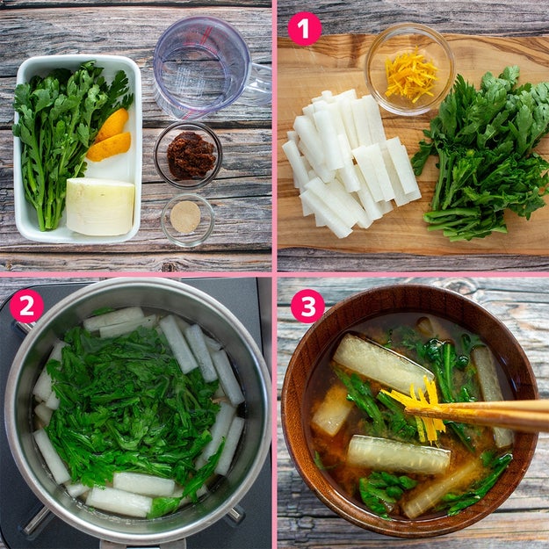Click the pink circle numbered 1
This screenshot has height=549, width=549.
pyautogui.click(x=304, y=29)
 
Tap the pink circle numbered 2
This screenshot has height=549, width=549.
pyautogui.click(x=26, y=306)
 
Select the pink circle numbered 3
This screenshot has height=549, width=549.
pyautogui.click(x=307, y=306)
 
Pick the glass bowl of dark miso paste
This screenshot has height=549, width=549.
pyautogui.click(x=188, y=155)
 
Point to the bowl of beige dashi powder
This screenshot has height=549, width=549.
pyautogui.click(x=187, y=220)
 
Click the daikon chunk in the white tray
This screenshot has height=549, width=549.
pyautogui.click(x=100, y=206)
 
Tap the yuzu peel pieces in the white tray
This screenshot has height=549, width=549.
pyautogui.click(x=110, y=136)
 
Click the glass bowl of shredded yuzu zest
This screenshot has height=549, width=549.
pyautogui.click(x=409, y=69)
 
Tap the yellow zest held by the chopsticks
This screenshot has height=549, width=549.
pyautogui.click(x=422, y=406)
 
